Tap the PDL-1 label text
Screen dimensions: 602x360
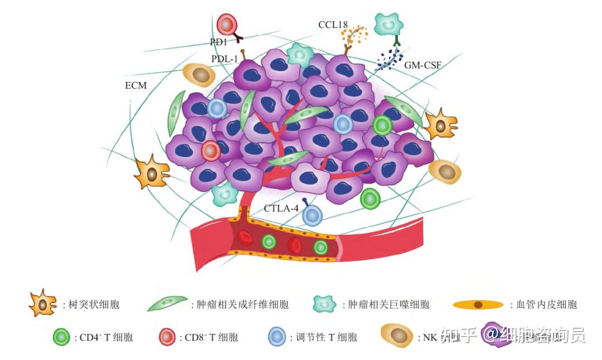tap(224, 59)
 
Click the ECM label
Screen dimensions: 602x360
tap(135, 86)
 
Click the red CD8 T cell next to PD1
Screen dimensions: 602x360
tap(227, 25)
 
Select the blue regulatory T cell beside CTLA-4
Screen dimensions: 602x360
tap(313, 216)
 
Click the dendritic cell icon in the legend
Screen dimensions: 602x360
tap(43, 304)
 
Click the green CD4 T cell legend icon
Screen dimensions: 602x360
tap(61, 337)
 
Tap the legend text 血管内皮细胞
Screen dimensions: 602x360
tap(546, 305)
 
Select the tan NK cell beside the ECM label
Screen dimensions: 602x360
tap(200, 75)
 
